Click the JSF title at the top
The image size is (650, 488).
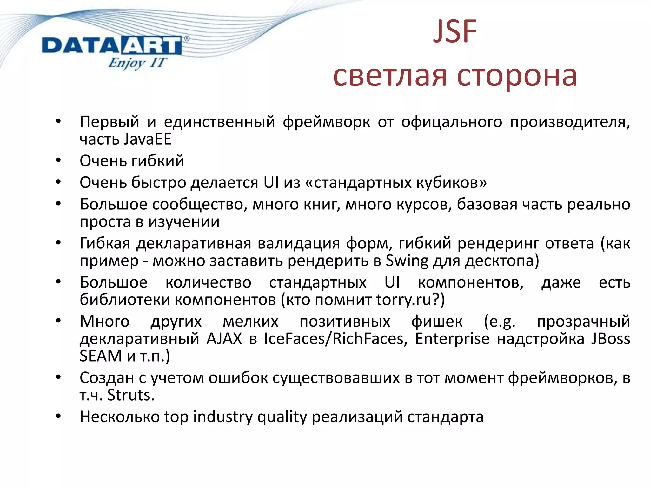pyautogui.click(x=454, y=32)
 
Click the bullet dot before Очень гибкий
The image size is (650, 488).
pyautogui.click(x=58, y=160)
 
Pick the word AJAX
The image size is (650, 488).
pyautogui.click(x=224, y=339)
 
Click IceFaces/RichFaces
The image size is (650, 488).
pyautogui.click(x=335, y=339)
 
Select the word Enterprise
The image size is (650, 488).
pyautogui.click(x=452, y=339)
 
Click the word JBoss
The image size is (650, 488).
pyautogui.click(x=610, y=339)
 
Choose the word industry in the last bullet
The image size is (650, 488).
pyautogui.click(x=222, y=417)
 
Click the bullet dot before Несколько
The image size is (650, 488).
pyautogui.click(x=58, y=417)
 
